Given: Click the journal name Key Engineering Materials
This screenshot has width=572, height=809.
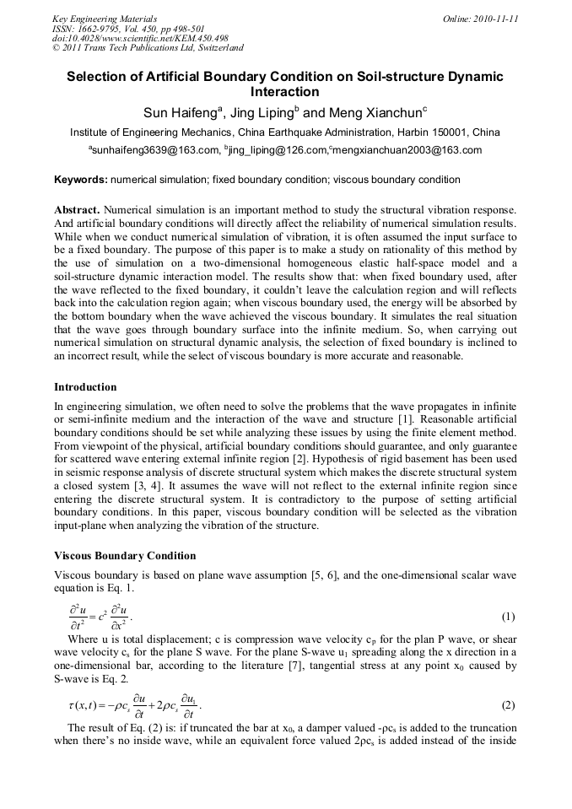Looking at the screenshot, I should tap(105, 19).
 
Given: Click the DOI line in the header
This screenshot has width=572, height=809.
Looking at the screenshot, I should tap(140, 38).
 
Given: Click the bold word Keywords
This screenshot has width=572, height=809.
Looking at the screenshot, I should tap(80, 180).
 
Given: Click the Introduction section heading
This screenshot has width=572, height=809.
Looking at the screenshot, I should tap(85, 387).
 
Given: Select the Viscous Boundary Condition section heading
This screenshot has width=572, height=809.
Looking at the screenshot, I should tap(125, 556).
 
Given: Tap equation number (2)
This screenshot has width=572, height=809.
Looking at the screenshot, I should tap(508, 705).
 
